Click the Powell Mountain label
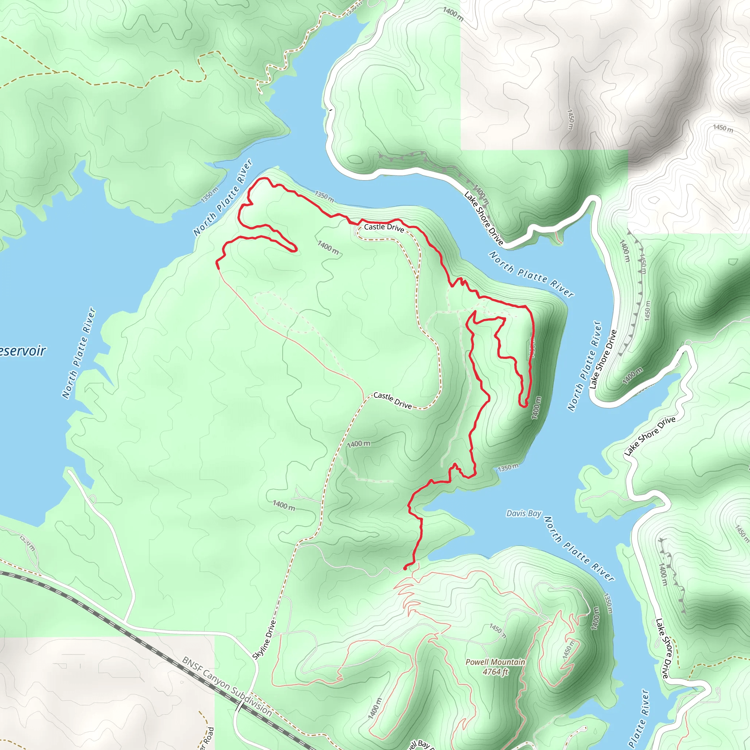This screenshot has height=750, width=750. click(495, 662)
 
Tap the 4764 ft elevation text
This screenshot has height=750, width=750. click(495, 672)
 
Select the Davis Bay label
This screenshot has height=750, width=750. click(524, 513)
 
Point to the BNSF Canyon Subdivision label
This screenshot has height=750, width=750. click(227, 686)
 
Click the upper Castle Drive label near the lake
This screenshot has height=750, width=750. click(384, 227)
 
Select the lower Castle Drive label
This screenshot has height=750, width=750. click(393, 400)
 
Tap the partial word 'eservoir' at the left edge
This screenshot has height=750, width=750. click(22, 351)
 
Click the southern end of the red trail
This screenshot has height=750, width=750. click(405, 568)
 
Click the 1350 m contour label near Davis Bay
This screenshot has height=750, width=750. click(508, 468)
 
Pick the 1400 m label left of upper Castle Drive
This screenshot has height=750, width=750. click(328, 247)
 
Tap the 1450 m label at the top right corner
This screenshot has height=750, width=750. click(723, 128)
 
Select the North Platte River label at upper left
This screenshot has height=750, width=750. click(223, 197)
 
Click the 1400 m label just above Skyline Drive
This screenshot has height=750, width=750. click(283, 505)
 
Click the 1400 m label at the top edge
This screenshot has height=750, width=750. click(453, 14)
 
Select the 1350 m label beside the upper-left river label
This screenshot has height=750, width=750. click(209, 194)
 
